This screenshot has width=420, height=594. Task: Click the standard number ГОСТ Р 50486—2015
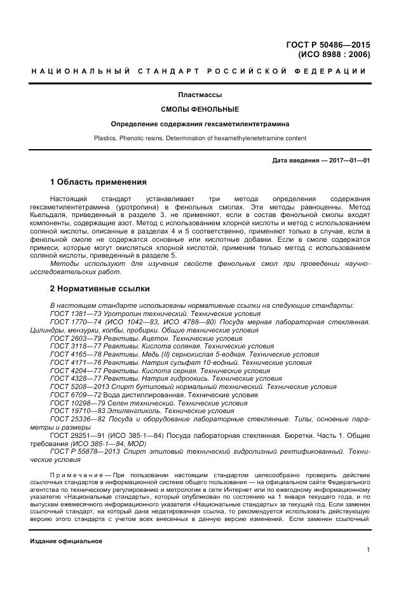[329, 44]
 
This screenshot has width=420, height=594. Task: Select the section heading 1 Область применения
[98, 182]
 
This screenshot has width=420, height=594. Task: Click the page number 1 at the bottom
[368, 551]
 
